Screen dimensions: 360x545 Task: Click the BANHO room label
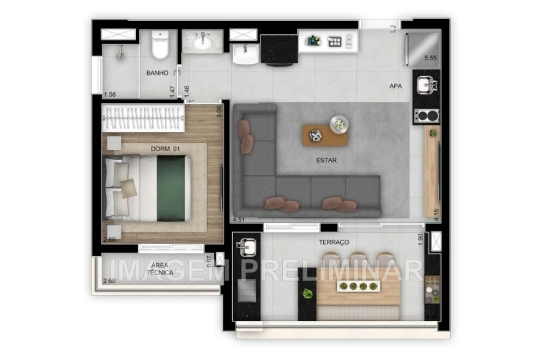[157, 72]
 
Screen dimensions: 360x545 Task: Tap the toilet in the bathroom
[161, 46]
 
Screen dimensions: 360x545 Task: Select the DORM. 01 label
[166, 148]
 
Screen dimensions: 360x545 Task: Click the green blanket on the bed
[171, 187]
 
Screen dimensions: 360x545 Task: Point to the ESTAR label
[326, 160]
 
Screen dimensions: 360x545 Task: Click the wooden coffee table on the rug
[325, 135]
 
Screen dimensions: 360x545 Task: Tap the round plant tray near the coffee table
[338, 124]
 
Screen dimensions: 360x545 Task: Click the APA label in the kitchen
[396, 86]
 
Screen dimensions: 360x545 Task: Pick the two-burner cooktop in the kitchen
[426, 115]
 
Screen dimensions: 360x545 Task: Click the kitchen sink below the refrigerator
[426, 85]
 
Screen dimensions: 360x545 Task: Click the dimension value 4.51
[238, 220]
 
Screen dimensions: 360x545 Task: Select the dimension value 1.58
[110, 95]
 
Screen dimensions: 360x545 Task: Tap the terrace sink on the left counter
[247, 248]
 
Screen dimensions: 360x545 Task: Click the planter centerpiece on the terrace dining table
[358, 286]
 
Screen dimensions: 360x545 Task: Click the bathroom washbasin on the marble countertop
[203, 40]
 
